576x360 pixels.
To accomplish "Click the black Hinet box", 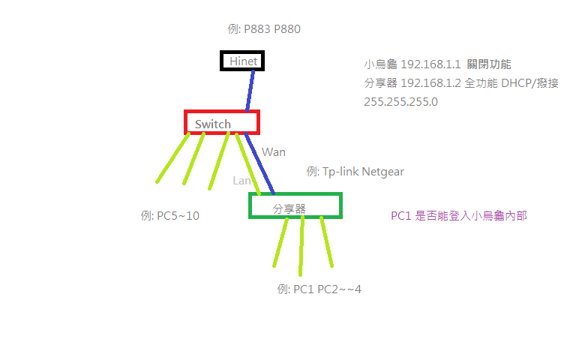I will (x=242, y=61).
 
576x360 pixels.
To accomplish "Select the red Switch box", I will (x=221, y=122).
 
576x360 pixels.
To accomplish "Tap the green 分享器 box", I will (x=295, y=206).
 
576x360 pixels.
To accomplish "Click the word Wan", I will (x=274, y=152).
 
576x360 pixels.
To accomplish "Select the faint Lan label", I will (x=242, y=181).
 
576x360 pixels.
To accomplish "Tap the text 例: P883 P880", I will (x=263, y=29).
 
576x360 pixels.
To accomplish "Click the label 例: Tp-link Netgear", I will (x=355, y=172).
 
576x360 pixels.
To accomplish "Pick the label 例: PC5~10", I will (x=169, y=216).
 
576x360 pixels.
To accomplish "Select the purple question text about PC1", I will (x=458, y=216).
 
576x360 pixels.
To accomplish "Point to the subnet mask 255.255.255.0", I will (x=400, y=101).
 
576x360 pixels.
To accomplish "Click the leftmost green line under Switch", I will (x=172, y=158).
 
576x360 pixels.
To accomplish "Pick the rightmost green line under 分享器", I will (x=326, y=241).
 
